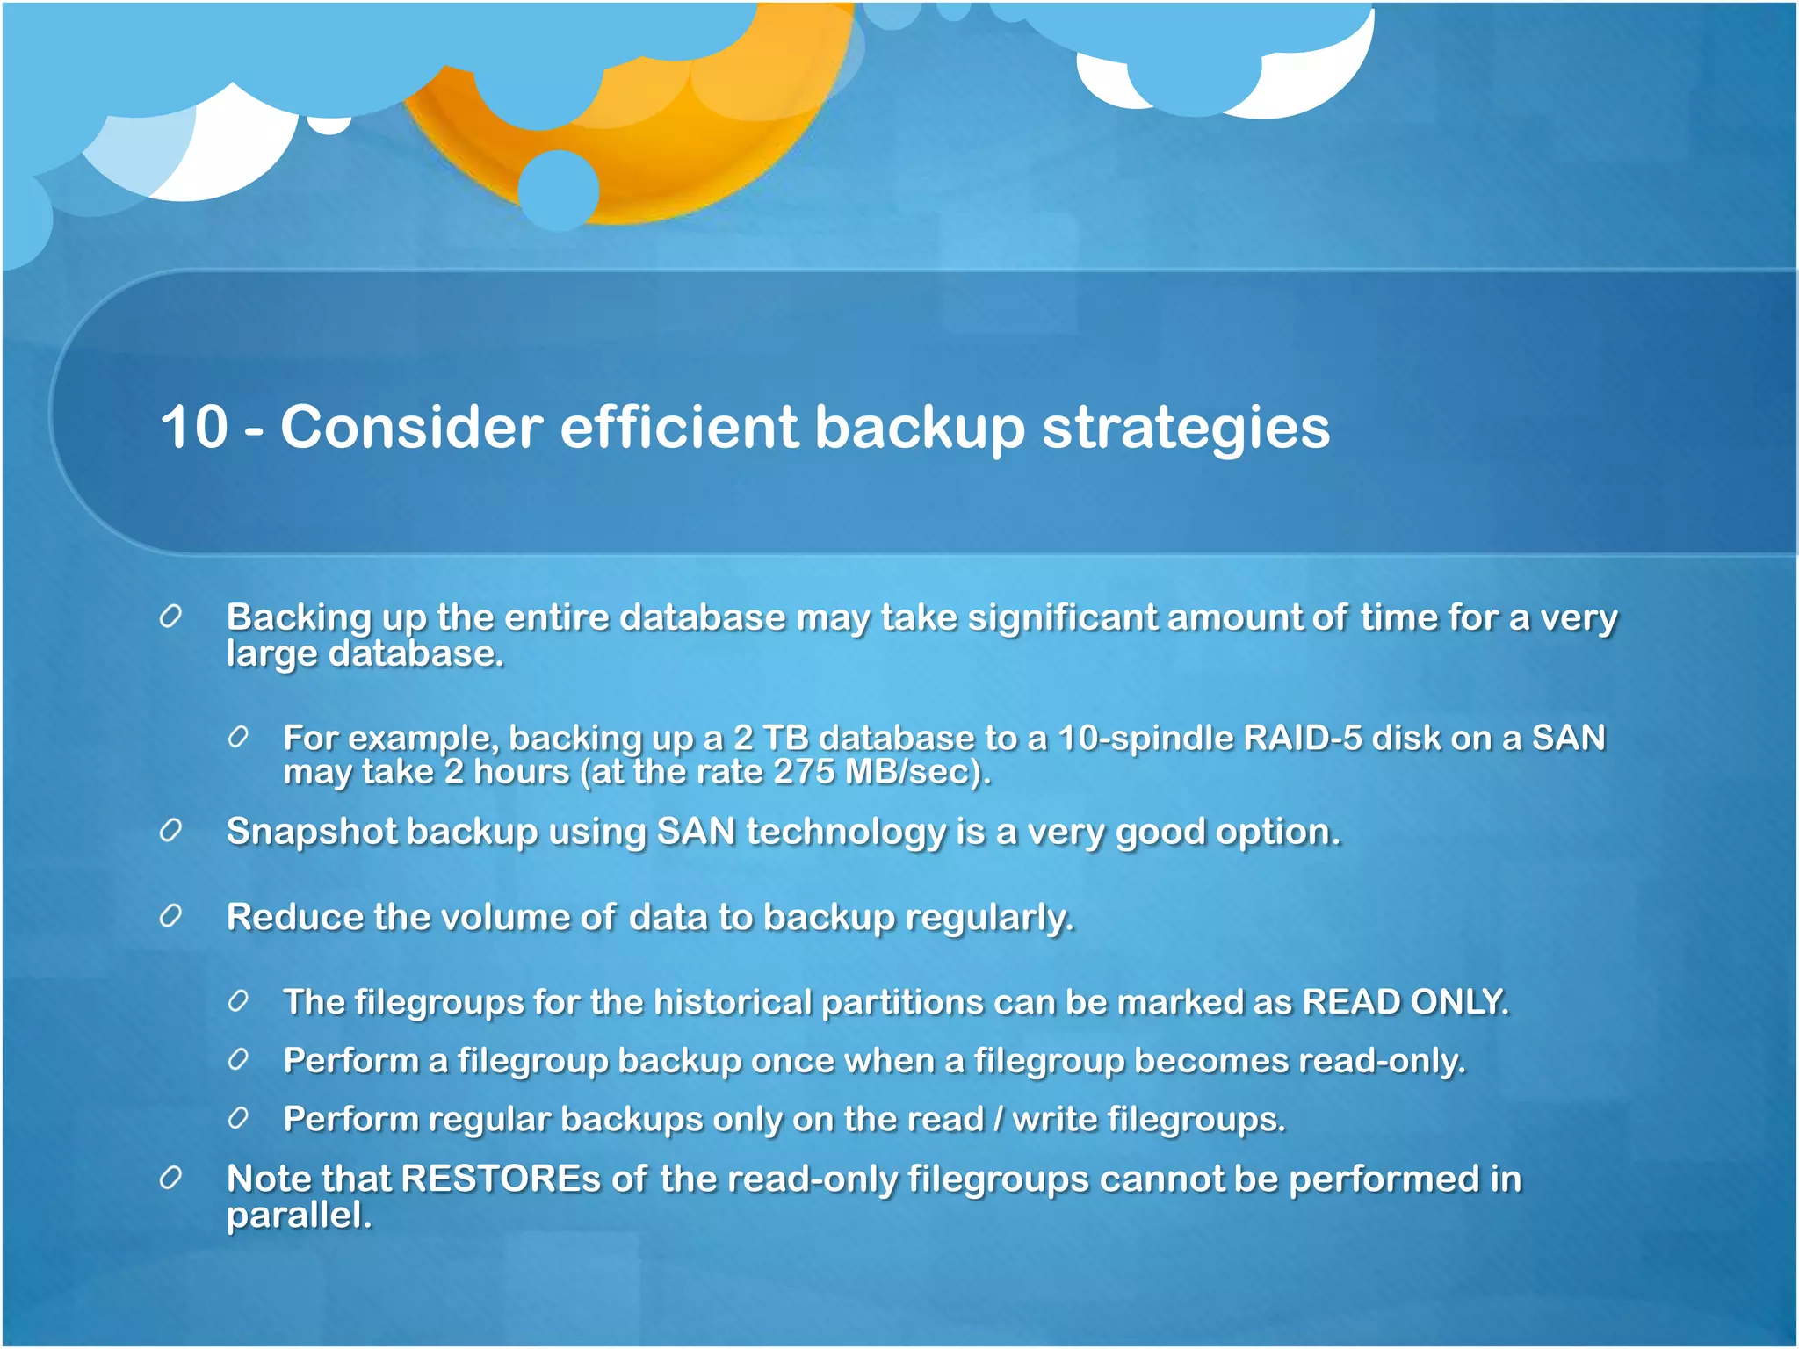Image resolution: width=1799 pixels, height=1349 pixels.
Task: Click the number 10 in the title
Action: tap(194, 428)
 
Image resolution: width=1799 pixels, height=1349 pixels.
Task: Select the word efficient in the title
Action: tap(678, 428)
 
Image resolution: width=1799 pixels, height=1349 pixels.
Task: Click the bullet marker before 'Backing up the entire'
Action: tap(170, 617)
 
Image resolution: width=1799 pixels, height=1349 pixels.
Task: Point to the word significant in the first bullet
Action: tap(1062, 617)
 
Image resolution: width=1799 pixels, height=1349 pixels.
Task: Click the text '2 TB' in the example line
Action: tap(770, 738)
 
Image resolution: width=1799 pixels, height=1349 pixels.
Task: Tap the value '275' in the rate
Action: tap(804, 772)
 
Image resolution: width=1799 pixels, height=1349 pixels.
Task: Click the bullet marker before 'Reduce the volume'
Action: tap(170, 917)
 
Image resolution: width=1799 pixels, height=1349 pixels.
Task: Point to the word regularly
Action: tap(989, 918)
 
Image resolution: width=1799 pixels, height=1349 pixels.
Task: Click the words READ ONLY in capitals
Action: tap(1405, 1002)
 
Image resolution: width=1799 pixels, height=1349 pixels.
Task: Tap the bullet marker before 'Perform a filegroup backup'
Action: tap(238, 1060)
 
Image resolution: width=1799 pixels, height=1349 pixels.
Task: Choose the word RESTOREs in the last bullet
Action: tap(501, 1179)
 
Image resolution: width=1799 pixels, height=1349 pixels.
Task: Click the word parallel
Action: tap(299, 1216)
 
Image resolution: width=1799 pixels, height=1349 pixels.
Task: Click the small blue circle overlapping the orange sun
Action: tap(559, 190)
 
